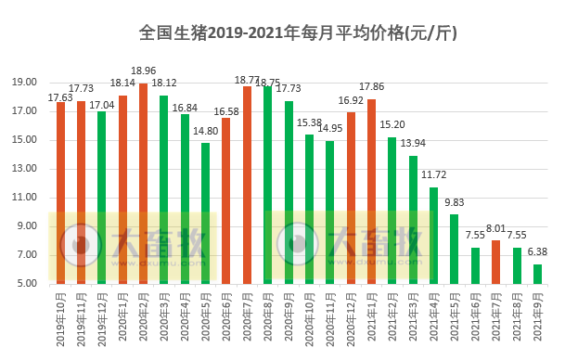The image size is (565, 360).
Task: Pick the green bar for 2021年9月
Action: tap(537, 274)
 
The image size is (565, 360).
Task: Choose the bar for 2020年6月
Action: tap(225, 200)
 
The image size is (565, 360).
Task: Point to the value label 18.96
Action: tap(143, 71)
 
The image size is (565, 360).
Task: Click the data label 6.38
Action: tap(537, 251)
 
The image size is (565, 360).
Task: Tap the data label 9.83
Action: tap(454, 202)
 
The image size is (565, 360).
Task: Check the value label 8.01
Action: tap(495, 228)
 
